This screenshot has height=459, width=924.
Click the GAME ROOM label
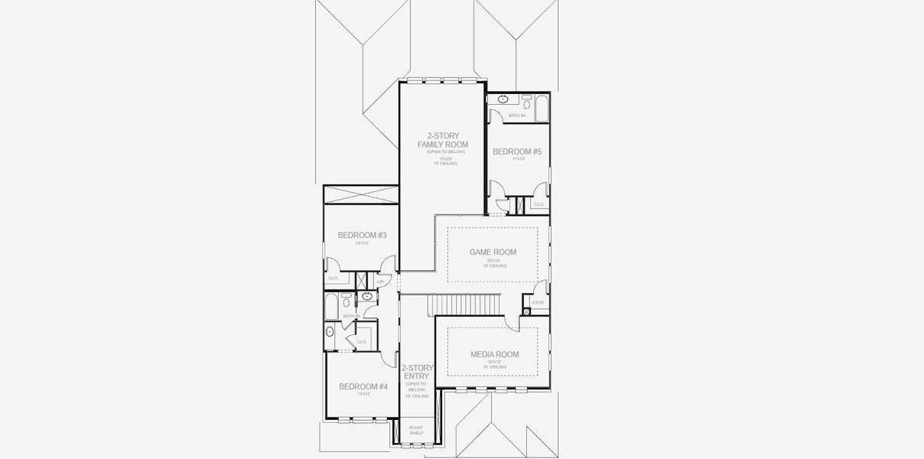493,252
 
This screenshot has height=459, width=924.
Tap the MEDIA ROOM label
494,354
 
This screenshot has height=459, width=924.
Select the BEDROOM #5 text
517,151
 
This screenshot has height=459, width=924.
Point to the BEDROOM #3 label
362,235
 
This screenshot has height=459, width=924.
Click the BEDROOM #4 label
363,386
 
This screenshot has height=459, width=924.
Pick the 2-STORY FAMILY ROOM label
442,140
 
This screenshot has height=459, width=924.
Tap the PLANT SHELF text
416,431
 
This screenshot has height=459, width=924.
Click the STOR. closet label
538,303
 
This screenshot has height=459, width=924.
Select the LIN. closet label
380,282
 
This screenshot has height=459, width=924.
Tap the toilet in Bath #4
527,99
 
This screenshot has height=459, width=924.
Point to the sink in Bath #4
503,99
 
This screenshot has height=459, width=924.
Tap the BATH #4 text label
518,116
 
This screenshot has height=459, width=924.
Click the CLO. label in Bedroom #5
538,204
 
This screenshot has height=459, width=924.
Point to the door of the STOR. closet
540,290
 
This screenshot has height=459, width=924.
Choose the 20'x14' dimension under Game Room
493,260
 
